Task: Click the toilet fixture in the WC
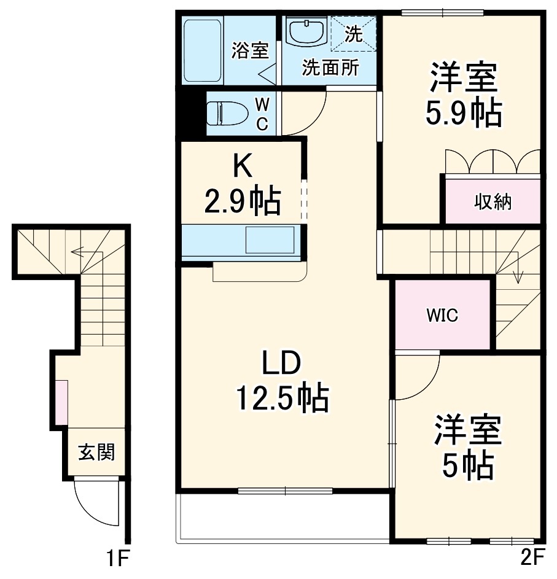(227, 114)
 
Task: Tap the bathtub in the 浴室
(203, 50)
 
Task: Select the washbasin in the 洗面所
(307, 33)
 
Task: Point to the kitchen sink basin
(270, 240)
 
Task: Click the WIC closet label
(442, 315)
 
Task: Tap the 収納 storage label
(493, 202)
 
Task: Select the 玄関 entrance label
(97, 452)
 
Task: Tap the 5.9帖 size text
(464, 112)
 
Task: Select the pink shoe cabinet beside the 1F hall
(62, 402)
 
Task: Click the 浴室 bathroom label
(250, 50)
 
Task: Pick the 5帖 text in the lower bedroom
(467, 464)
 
